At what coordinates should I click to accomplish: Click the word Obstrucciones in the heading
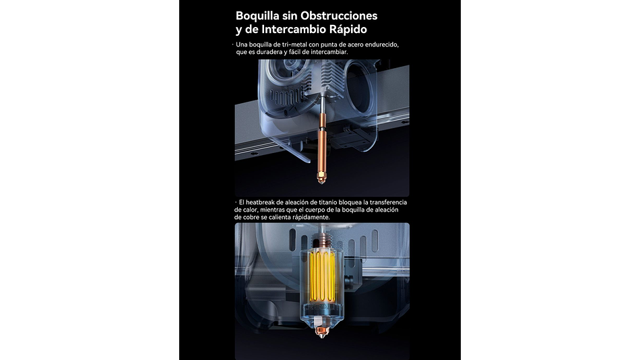click(339, 16)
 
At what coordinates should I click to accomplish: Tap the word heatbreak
click(260, 202)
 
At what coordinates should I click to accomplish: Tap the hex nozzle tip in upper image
click(321, 178)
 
